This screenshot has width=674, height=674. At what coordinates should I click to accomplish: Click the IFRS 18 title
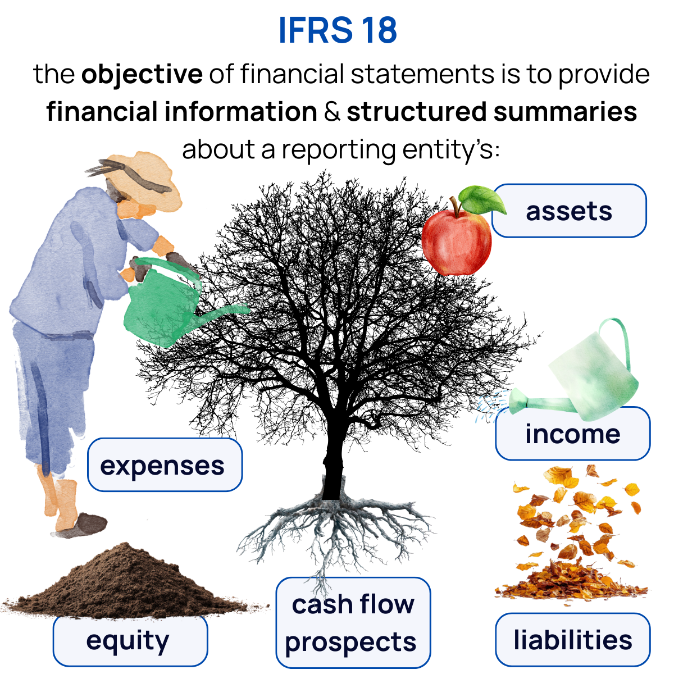[x=338, y=30]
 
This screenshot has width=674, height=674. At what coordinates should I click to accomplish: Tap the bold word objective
[x=142, y=74]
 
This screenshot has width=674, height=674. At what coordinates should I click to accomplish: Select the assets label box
[x=569, y=211]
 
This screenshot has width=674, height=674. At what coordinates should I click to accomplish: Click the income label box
[x=572, y=434]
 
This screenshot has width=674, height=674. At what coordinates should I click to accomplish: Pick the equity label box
[x=130, y=641]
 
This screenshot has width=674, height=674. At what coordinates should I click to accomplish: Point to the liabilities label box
[x=572, y=640]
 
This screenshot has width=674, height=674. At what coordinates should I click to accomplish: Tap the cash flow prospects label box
[x=353, y=623]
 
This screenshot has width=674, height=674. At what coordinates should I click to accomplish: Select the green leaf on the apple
[x=480, y=199]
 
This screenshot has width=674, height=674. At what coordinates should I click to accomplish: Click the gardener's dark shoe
[x=84, y=525]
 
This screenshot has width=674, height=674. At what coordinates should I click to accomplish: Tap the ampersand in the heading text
[x=332, y=112]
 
